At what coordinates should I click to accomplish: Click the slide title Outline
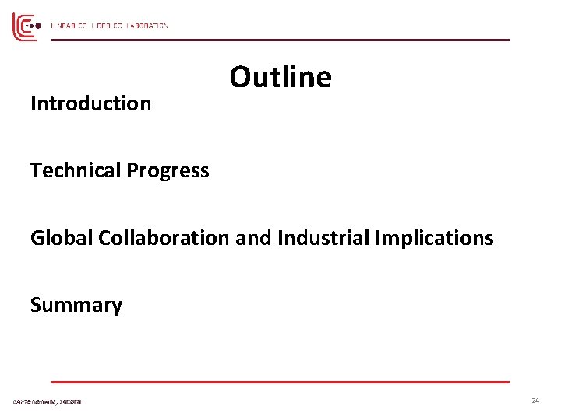tap(280, 78)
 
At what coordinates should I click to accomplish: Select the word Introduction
tap(90, 103)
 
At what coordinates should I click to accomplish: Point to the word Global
tap(62, 238)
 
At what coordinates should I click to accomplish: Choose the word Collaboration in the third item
tap(164, 238)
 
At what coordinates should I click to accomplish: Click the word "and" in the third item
tap(251, 238)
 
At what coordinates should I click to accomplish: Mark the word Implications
tap(436, 239)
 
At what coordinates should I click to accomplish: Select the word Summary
tap(76, 306)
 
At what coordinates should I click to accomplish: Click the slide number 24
tap(535, 401)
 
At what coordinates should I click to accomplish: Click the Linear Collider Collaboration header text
tap(109, 26)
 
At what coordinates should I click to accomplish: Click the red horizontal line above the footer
tap(280, 382)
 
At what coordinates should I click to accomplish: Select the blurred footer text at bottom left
tap(48, 401)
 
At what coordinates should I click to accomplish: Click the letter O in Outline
tap(240, 78)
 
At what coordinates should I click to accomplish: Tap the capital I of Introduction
tap(33, 103)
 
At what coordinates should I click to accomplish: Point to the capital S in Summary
tap(36, 306)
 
